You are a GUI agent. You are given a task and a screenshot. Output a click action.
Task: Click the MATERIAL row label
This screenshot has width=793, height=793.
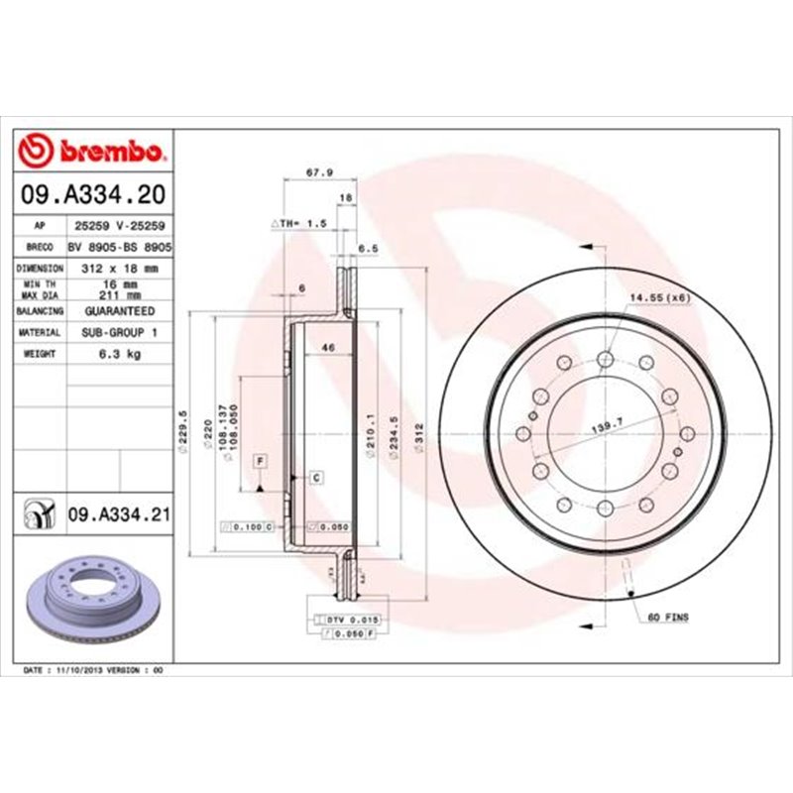click(40, 332)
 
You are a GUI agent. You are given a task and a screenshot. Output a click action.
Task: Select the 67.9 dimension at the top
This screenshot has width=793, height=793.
click(318, 171)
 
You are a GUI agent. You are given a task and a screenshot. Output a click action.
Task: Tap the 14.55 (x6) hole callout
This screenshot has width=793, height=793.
click(658, 297)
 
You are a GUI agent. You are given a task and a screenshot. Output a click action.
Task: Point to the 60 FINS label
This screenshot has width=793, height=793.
click(667, 617)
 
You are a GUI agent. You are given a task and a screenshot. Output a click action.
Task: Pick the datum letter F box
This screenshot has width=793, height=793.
click(260, 461)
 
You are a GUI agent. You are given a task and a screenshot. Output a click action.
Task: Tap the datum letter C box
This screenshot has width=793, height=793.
click(316, 478)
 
